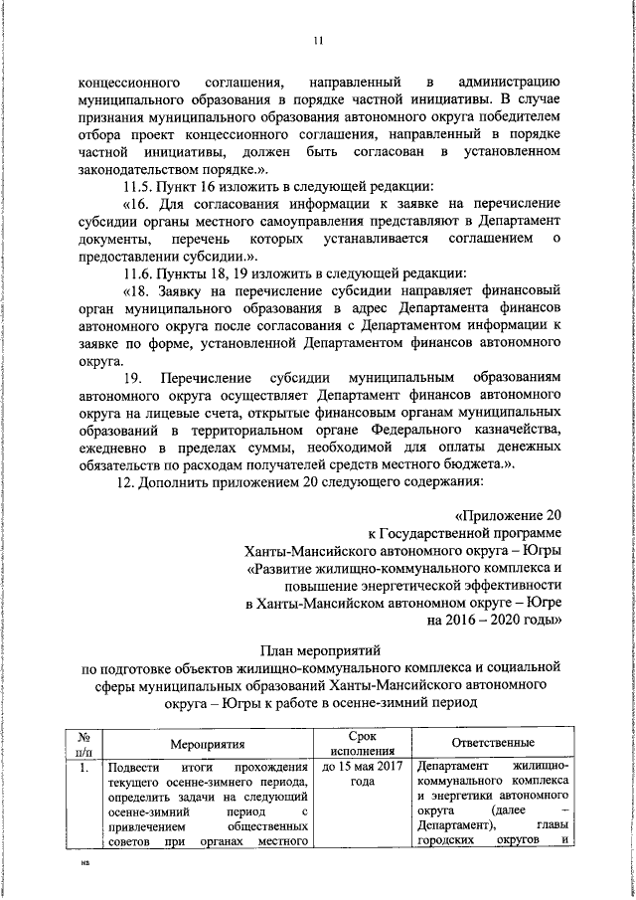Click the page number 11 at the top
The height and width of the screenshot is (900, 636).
(x=318, y=41)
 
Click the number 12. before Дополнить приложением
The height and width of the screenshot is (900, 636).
(x=125, y=480)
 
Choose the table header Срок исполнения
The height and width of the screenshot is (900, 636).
(x=359, y=742)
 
